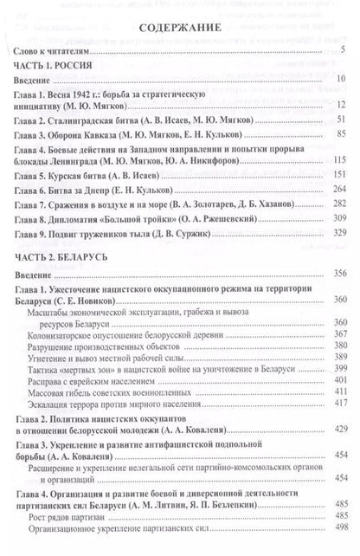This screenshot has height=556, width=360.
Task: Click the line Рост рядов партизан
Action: tap(83, 527)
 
